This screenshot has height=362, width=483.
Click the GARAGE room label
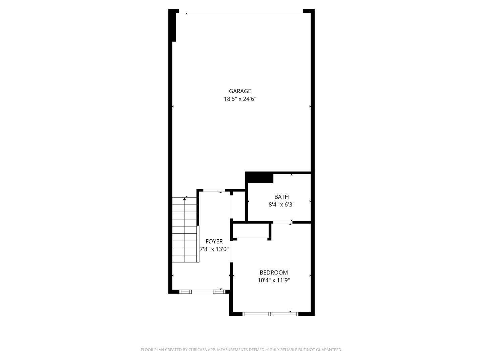point(240,91)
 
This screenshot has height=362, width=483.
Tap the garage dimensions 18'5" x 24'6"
point(240,99)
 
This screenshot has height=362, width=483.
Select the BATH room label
point(281,197)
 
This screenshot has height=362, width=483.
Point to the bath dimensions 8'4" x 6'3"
point(281,205)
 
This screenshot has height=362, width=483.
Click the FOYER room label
point(214,242)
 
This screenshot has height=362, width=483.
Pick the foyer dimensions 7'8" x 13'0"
point(214,249)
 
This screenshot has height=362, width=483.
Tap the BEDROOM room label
point(273,273)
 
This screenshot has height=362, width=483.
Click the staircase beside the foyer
point(184,231)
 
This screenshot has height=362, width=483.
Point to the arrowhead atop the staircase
point(184,199)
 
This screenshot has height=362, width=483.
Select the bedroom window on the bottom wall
point(270,314)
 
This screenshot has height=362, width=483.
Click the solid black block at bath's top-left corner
point(260,178)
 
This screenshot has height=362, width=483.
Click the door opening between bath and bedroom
point(282,222)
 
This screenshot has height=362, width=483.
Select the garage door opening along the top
point(240,13)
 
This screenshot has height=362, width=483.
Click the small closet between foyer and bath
point(239,206)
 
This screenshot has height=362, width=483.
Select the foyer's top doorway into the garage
point(214,191)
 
